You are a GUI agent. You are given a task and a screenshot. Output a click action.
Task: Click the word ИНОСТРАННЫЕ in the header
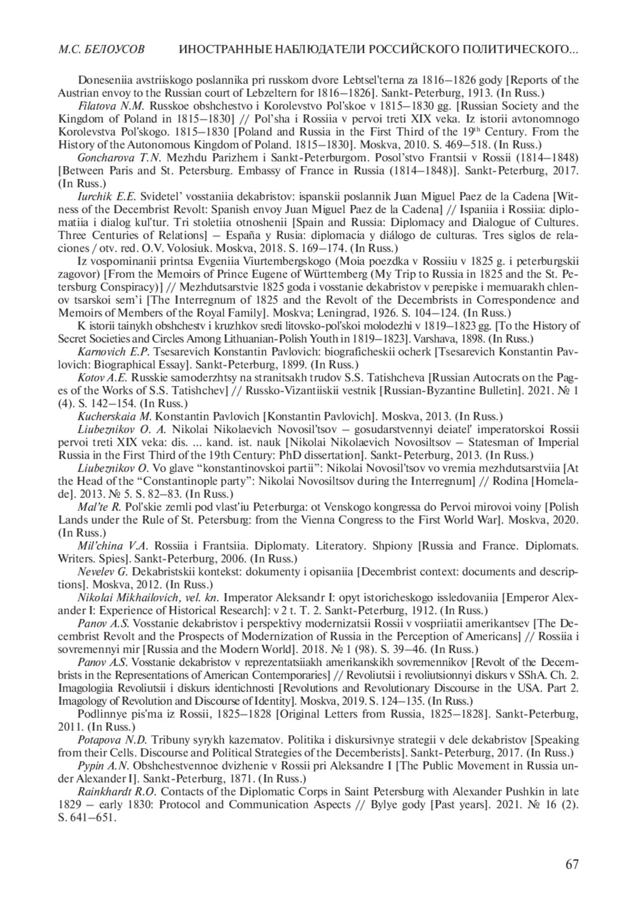point(219,50)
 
